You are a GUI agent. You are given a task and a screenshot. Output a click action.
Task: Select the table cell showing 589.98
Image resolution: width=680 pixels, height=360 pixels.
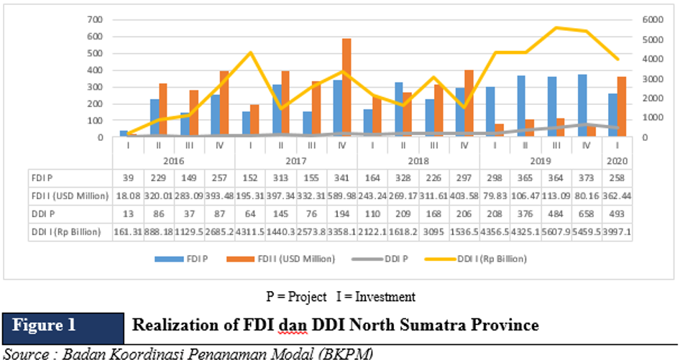coord(341,195)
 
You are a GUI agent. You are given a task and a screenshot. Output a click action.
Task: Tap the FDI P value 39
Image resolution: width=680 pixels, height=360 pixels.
coord(127,177)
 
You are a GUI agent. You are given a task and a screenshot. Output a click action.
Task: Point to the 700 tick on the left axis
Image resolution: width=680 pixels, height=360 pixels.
coord(94,19)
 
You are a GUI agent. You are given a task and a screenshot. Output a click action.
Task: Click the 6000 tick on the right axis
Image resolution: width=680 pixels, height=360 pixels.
coord(649,19)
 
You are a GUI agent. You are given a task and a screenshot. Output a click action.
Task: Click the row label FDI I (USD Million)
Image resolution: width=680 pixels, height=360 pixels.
coord(69,195)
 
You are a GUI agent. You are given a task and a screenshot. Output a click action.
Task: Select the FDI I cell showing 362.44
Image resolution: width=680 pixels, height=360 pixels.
coord(616,195)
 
